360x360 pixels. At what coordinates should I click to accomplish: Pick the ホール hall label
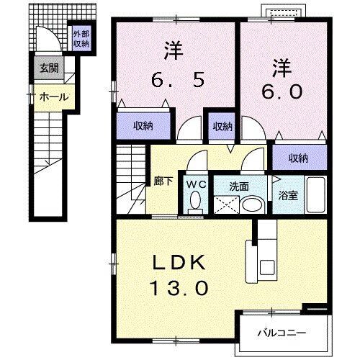tap(53, 96)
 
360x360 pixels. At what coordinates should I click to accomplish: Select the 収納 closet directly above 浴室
tap(298, 158)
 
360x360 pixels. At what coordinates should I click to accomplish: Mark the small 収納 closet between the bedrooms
tap(222, 126)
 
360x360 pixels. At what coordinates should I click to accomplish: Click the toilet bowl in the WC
tap(194, 204)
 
